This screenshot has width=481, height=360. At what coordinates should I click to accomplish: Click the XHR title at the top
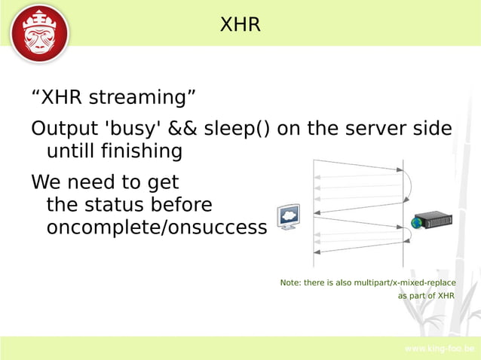click(240, 25)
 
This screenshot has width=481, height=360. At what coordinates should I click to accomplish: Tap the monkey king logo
click(40, 34)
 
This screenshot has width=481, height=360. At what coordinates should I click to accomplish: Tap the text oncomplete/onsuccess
click(157, 227)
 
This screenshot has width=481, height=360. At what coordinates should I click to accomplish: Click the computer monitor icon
click(288, 217)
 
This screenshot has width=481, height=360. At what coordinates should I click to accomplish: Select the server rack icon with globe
click(432, 221)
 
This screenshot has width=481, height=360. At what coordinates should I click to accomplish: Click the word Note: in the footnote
click(290, 282)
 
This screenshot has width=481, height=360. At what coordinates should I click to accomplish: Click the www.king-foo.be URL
click(439, 349)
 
